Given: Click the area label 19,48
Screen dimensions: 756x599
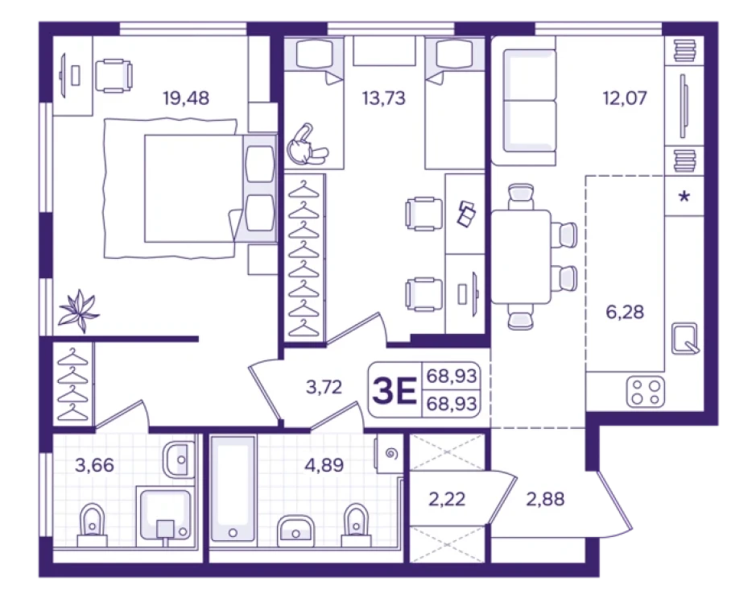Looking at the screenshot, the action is click(x=186, y=98).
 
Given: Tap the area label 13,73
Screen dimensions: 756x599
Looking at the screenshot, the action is click(x=384, y=98).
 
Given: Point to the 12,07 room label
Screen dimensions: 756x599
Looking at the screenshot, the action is click(x=625, y=98).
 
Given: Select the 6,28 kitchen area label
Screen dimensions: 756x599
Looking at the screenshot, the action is click(x=625, y=312).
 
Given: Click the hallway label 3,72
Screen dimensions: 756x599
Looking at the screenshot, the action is click(x=324, y=387).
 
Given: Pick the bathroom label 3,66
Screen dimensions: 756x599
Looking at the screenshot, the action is click(x=94, y=465).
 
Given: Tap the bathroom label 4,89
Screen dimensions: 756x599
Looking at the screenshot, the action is click(x=324, y=465).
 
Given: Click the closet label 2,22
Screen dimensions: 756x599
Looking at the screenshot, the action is click(x=447, y=499).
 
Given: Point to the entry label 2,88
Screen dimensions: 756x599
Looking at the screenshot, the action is click(x=545, y=499).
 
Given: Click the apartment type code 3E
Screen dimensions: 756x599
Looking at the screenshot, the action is click(x=395, y=391).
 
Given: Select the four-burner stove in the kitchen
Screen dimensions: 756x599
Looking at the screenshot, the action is click(x=646, y=392).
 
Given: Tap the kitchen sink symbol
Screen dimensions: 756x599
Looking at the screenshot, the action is click(x=684, y=339).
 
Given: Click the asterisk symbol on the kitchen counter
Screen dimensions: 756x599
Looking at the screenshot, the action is click(x=684, y=196).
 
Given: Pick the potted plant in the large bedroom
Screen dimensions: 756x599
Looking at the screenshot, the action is click(x=78, y=310).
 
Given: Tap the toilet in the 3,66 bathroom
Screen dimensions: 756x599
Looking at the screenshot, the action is click(x=92, y=525).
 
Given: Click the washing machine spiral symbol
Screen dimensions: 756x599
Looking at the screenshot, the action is click(x=391, y=454).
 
